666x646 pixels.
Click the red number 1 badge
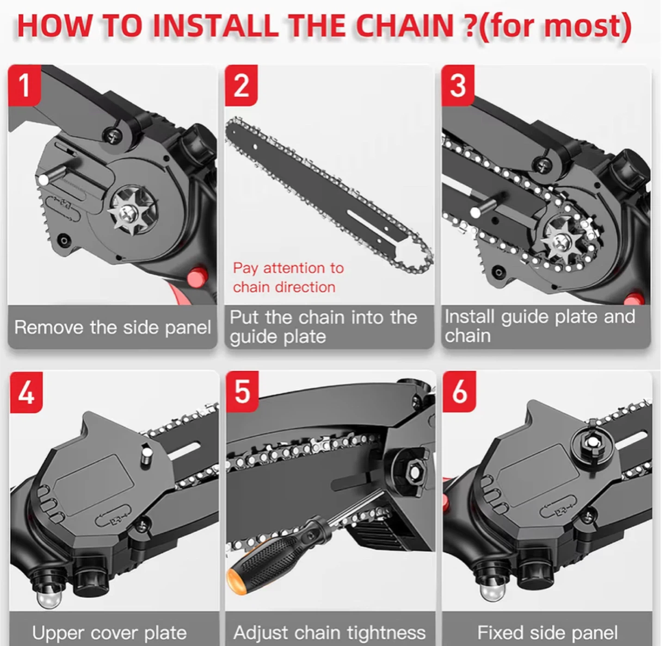tap(25, 85)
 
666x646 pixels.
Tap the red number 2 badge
tap(241, 85)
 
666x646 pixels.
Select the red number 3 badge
tap(458, 85)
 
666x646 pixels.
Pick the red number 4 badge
tap(26, 392)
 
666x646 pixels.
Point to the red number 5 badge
tap(242, 391)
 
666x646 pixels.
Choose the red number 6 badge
tap(459, 392)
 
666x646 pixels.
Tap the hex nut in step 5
tap(415, 473)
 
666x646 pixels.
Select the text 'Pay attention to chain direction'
tap(288, 277)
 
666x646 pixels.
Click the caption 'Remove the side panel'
tap(112, 327)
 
